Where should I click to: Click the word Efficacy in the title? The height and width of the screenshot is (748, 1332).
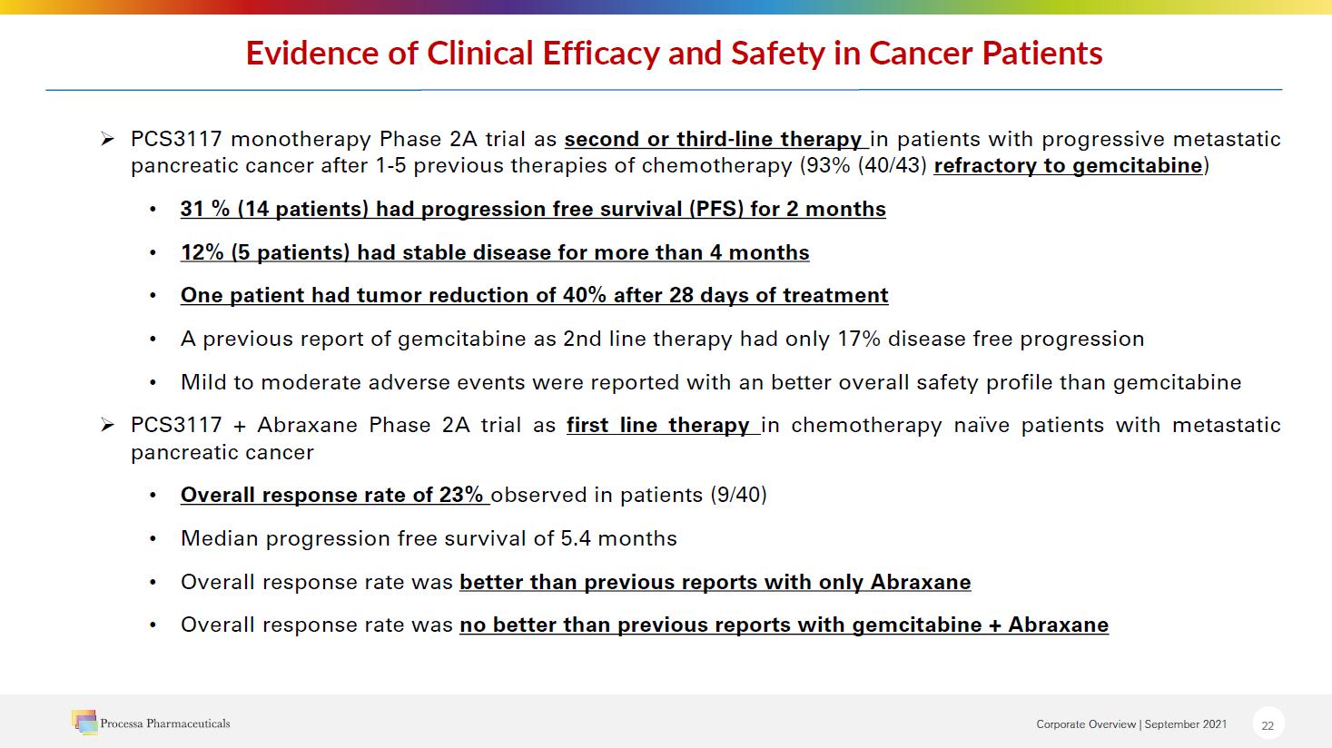pos(600,54)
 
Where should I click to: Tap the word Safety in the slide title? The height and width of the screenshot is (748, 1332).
pos(777,54)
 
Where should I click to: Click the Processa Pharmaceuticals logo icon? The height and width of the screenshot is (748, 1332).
pos(84,722)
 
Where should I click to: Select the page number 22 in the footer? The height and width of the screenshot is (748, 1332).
pos(1268,725)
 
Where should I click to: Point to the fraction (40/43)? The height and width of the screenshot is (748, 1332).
pos(892,166)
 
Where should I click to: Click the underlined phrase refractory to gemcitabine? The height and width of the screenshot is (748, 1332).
pos(1068,166)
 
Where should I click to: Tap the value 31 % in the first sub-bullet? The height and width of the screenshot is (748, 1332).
pos(205,210)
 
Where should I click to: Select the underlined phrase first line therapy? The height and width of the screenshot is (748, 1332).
pos(657,426)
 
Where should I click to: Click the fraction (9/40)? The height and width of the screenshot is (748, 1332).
pos(738,496)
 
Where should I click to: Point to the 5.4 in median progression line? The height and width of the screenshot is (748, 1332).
pos(575,538)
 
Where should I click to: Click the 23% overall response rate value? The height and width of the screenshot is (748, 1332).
pos(461,496)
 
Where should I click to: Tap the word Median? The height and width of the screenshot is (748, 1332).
pos(220,538)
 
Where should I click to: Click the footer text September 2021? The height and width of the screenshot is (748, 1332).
pos(1185,724)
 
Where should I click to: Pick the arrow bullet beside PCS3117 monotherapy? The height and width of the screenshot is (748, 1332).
pos(107,139)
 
